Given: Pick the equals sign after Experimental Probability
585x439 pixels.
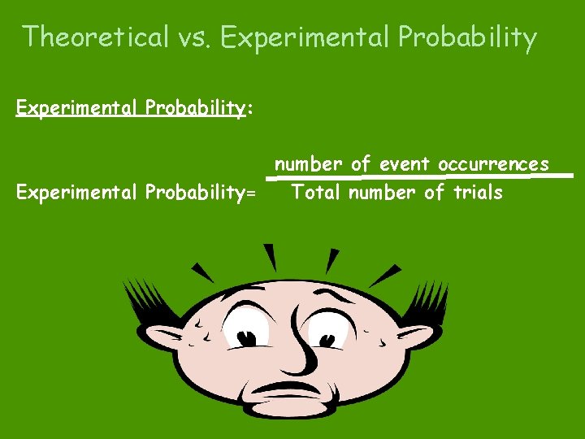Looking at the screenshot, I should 250,194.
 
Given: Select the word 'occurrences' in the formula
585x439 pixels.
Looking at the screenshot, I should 494,164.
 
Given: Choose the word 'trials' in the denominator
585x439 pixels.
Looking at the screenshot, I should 478,193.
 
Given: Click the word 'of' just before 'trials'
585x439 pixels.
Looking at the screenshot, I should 435,193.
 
